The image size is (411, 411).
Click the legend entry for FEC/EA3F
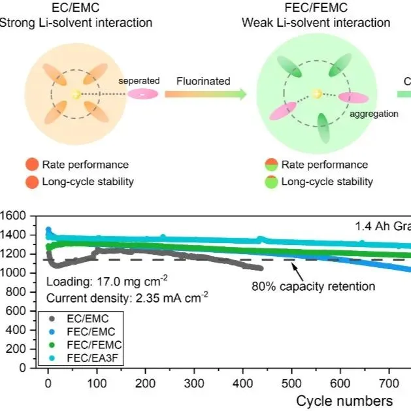point(87,357)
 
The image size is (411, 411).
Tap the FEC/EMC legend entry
point(87,331)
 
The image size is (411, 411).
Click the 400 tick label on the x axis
point(243,382)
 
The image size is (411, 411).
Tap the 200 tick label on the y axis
point(17,350)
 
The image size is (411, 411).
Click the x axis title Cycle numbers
point(344,400)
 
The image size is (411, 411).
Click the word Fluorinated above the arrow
point(203,82)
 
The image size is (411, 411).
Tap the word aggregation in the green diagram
point(374,113)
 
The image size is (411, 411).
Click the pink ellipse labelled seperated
point(143,94)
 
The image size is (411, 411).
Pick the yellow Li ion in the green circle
point(317,94)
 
